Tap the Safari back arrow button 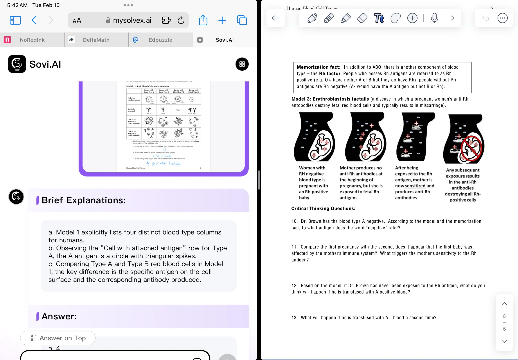point(34,20)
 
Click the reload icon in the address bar point(181,20)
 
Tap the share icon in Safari point(203,20)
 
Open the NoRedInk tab point(32,40)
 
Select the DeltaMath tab point(96,40)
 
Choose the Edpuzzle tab point(160,40)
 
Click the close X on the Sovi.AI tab point(200,40)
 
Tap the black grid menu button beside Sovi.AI point(242,64)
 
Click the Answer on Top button point(58,338)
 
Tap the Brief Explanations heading point(84,200)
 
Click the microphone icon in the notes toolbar point(434,18)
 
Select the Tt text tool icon point(379,18)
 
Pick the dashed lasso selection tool point(395,18)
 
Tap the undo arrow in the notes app point(485,18)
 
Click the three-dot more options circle point(502,18)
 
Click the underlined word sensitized point(415,186)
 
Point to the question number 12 point(294,286)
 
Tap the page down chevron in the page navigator point(504,341)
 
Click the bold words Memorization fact point(318,67)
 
